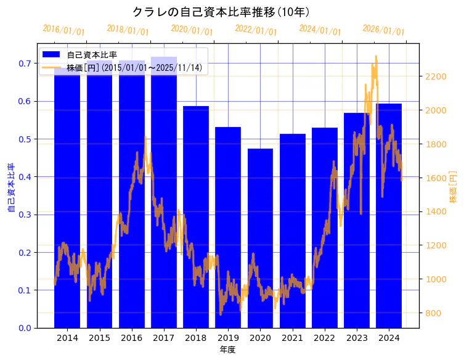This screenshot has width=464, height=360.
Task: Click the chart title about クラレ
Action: pyautogui.click(x=221, y=12)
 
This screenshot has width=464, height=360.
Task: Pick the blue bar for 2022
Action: pyautogui.click(x=325, y=227)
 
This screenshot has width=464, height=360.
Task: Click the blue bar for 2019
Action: pyautogui.click(x=228, y=227)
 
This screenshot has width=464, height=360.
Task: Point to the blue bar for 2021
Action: pyautogui.click(x=292, y=231)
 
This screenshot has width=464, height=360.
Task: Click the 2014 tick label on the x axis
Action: pyautogui.click(x=67, y=338)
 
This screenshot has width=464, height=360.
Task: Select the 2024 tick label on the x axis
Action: pyautogui.click(x=389, y=338)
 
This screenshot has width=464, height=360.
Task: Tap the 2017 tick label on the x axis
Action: pyautogui.click(x=164, y=338)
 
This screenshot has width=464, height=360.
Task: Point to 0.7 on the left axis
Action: pyautogui.click(x=25, y=63)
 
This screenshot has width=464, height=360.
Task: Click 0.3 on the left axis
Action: pyautogui.click(x=25, y=215)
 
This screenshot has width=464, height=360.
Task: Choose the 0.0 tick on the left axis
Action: pyautogui.click(x=25, y=328)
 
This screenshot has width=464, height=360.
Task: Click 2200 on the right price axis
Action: pyautogui.click(x=436, y=76)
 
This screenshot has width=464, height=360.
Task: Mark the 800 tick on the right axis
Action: pyautogui.click(x=433, y=313)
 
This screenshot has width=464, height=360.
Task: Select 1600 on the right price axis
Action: pyautogui.click(x=436, y=178)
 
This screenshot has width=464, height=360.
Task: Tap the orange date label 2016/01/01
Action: pyautogui.click(x=64, y=30)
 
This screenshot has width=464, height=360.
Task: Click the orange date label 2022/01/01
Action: pyautogui.click(x=256, y=30)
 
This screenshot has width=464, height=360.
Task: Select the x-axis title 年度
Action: pyautogui.click(x=228, y=350)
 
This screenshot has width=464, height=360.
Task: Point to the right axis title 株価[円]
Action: pyautogui.click(x=453, y=186)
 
